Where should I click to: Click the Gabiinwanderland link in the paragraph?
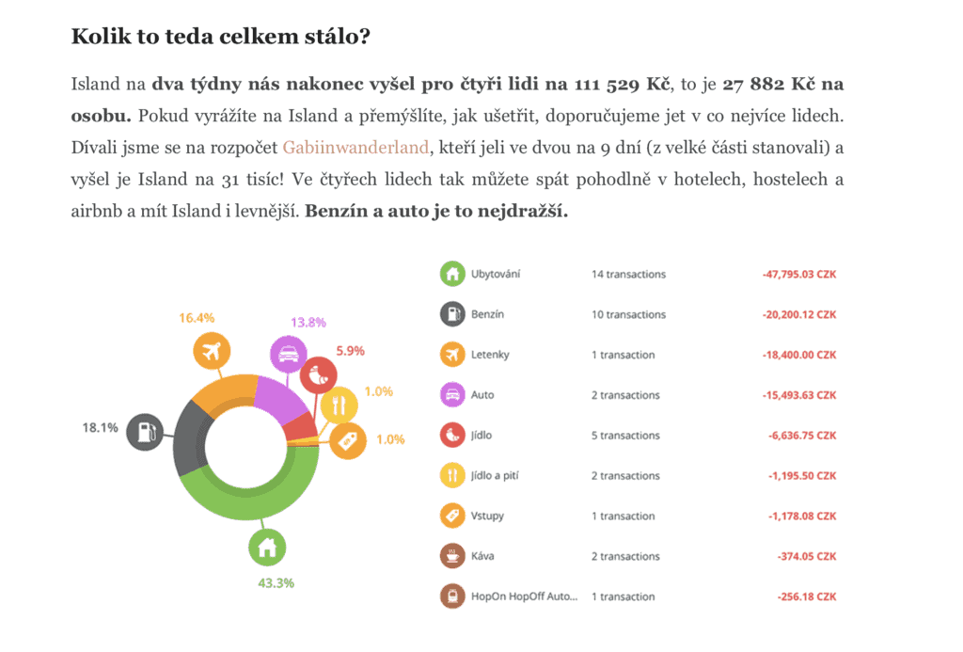(356, 148)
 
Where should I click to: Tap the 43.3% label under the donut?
(276, 582)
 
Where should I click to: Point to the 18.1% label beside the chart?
(100, 427)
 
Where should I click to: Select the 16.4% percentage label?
(197, 318)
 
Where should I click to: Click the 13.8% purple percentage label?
(308, 322)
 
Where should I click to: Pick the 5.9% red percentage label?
(350, 350)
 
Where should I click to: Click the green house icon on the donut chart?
(267, 546)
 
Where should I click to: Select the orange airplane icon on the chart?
(212, 352)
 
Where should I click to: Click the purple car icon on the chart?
(288, 355)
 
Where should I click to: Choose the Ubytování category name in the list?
(495, 274)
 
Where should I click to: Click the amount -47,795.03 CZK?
(798, 274)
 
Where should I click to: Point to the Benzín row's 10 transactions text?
(628, 314)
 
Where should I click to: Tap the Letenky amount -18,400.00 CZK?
(798, 355)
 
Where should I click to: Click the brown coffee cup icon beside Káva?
(452, 556)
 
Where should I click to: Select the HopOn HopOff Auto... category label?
(524, 596)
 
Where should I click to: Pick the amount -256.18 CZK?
(806, 596)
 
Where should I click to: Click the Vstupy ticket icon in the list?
(452, 516)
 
